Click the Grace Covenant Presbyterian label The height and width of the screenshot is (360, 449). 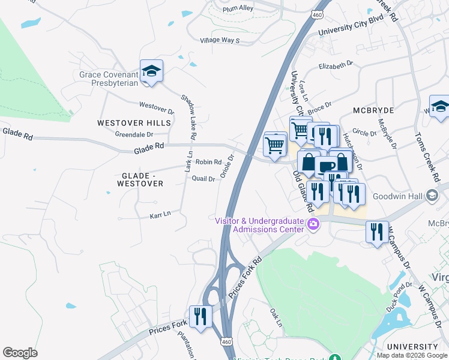point(109,80)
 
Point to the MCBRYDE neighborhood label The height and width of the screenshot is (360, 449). point(373,110)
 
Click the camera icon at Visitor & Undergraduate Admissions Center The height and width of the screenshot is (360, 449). point(312,225)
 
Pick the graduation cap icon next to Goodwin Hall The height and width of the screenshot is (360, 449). point(432,196)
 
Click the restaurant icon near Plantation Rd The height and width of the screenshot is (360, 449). point(200,316)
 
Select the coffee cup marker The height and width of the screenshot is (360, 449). point(326,167)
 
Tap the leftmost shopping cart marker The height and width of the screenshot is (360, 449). point(275,145)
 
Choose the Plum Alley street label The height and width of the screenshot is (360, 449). point(237,8)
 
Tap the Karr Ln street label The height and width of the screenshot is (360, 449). point(159,213)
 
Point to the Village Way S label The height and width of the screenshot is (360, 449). point(220,40)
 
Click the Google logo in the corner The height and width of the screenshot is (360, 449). point(20,352)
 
